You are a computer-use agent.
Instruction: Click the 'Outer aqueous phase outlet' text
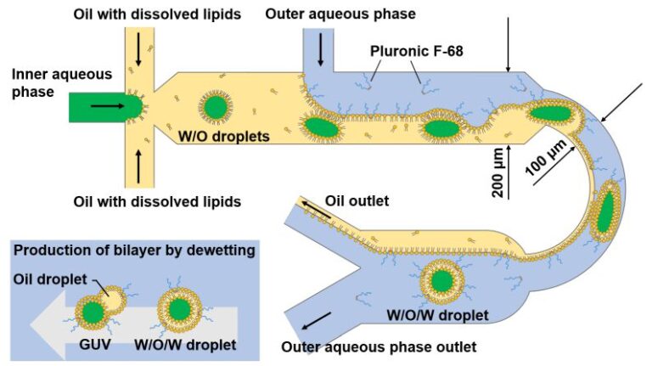379,346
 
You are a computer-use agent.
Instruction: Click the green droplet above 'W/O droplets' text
214,107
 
